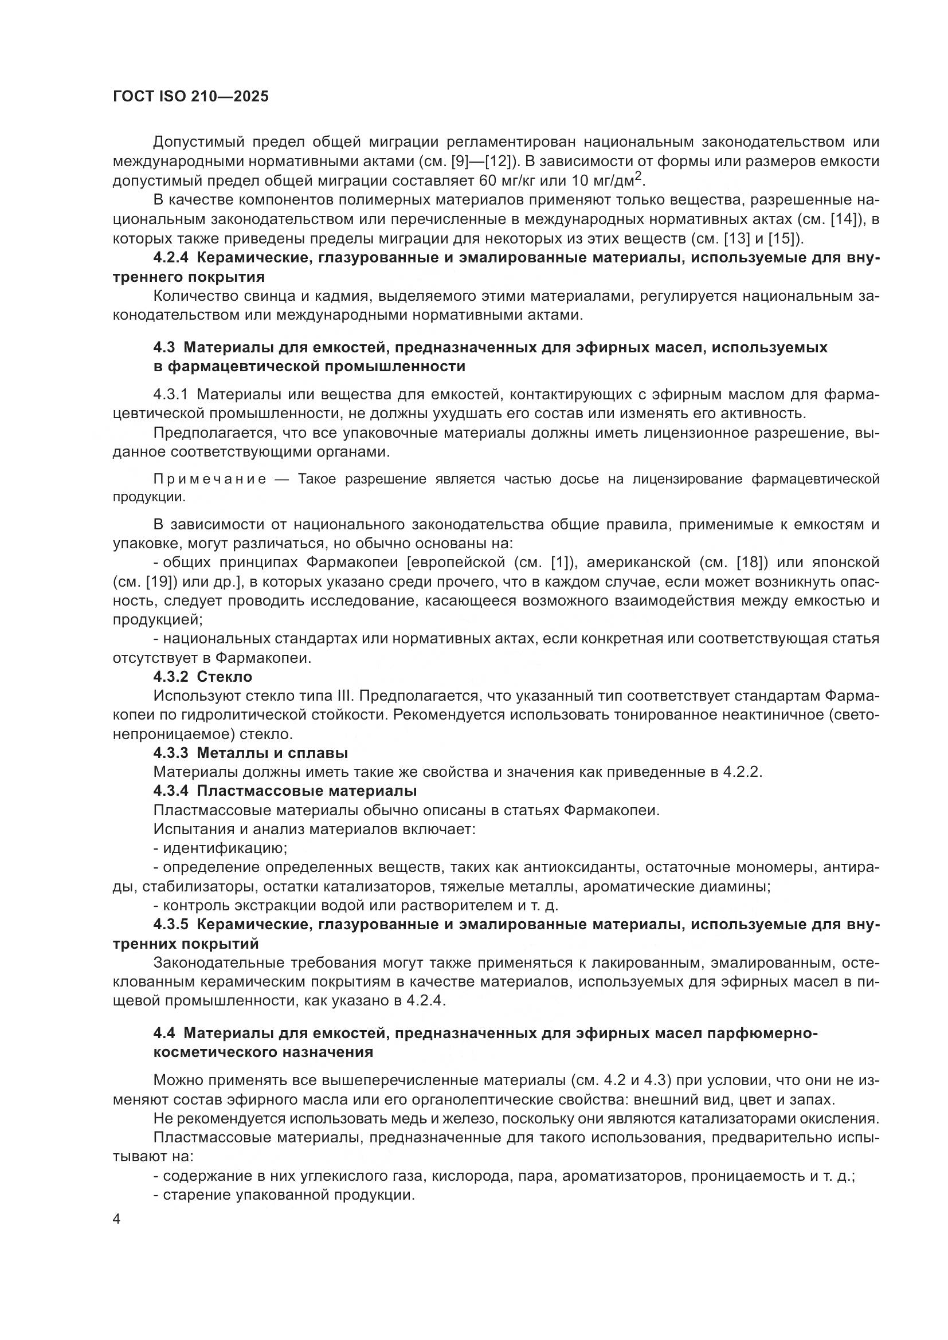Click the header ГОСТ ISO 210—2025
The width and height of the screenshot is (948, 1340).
point(190,97)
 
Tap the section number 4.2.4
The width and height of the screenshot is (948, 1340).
point(170,258)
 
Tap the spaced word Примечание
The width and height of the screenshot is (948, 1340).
point(210,479)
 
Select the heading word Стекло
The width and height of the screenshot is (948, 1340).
point(224,677)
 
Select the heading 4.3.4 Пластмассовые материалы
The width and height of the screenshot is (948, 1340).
point(285,791)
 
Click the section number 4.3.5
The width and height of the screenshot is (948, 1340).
point(170,924)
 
